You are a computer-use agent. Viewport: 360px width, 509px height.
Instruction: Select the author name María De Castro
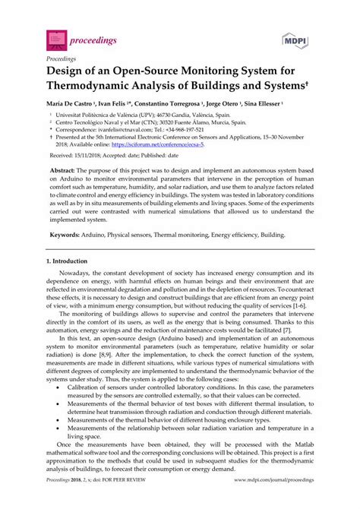(70, 103)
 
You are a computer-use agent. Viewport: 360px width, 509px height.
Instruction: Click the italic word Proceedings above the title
(62, 57)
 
